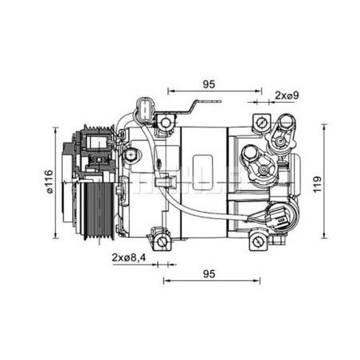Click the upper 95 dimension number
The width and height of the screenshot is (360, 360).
pos(209,84)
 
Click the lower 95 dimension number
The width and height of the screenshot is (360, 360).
pos(209,274)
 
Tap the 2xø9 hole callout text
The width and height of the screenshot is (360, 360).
pos(287,95)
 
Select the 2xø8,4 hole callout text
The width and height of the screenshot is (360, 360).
pos(129,257)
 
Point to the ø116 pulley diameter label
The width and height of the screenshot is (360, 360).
pos(49,182)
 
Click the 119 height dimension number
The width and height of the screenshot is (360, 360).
pos(317,184)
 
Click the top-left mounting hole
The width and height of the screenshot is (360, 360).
pos(166,123)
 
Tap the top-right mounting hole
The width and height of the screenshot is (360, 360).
pos(261,122)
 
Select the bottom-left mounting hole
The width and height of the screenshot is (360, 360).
pos(162,241)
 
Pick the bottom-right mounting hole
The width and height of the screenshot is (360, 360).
pos(257,241)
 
